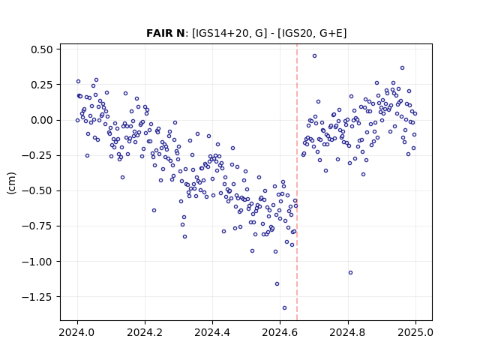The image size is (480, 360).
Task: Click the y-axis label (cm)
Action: tap(11, 183)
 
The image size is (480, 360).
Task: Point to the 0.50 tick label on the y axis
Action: tap(42, 49)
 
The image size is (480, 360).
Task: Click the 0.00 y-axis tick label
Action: tap(42, 120)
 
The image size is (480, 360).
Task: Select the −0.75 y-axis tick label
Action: tap(37, 226)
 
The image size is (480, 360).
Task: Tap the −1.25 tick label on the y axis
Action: tap(37, 297)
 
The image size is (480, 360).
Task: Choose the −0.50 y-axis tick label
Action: tap(37, 191)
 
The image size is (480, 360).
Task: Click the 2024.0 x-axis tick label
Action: tap(77, 332)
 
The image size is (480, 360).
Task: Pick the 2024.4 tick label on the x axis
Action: tap(212, 332)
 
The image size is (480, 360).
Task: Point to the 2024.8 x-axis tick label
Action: tap(347, 332)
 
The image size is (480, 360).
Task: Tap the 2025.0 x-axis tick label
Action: tap(415, 332)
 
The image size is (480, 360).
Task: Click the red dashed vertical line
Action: tap(297, 182)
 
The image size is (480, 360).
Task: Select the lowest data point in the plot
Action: tap(284, 308)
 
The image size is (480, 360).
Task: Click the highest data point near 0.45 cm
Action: tap(314, 56)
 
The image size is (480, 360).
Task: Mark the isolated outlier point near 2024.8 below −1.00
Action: tap(350, 273)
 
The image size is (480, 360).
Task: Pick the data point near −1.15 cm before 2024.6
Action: tap(277, 284)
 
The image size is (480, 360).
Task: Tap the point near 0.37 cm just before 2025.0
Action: tap(402, 68)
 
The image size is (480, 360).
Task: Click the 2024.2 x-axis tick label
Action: tap(145, 332)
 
